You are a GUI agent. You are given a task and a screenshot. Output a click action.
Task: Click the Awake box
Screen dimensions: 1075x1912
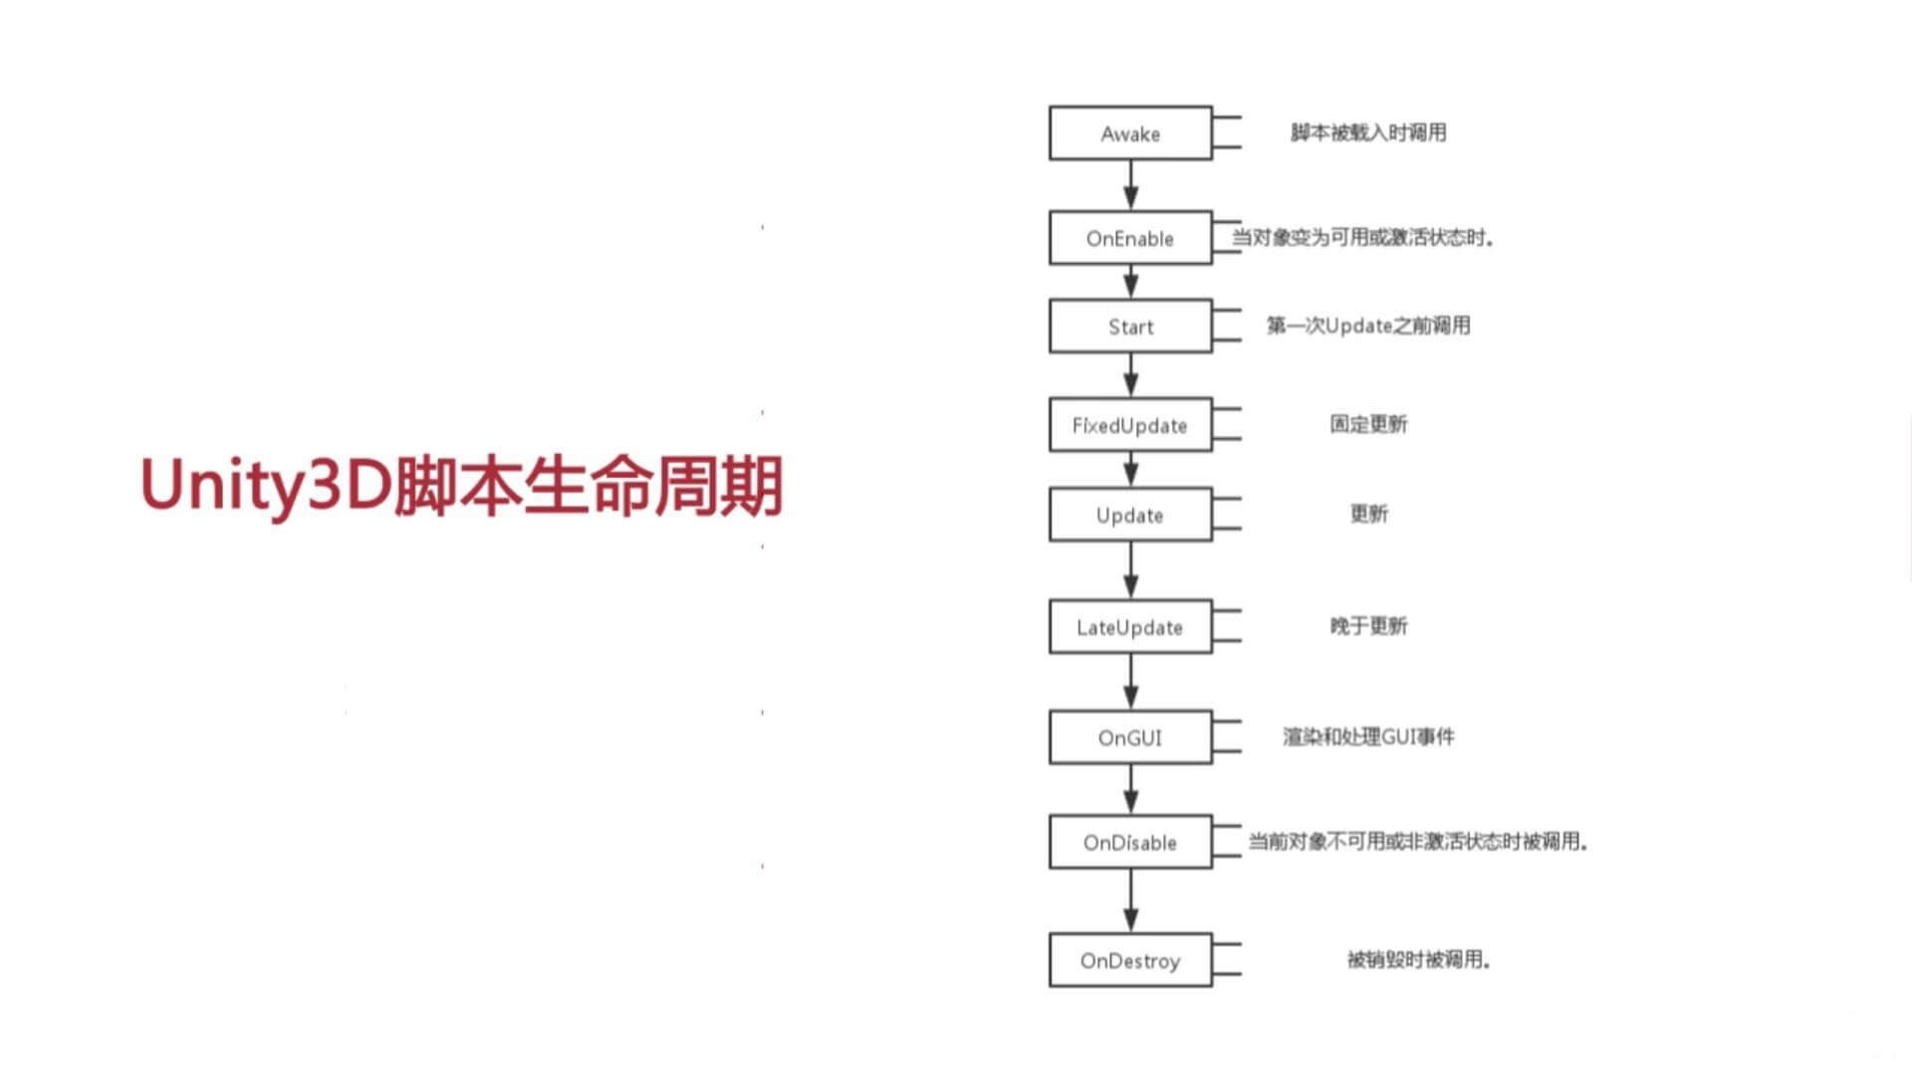pos(1130,133)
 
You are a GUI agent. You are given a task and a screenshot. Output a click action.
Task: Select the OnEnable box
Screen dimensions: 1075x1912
pos(1130,238)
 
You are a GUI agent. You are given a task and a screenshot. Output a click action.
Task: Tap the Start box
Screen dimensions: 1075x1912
pos(1130,326)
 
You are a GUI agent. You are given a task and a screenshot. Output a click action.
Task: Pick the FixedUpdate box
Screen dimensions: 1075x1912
pos(1130,425)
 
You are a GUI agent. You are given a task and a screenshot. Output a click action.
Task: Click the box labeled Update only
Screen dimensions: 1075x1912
pos(1130,515)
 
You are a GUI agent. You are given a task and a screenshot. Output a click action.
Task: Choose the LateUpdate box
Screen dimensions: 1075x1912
pos(1130,627)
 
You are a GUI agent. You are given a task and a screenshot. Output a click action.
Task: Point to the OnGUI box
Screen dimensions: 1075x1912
pos(1130,738)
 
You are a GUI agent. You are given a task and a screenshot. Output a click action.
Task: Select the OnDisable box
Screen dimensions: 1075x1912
pos(1130,842)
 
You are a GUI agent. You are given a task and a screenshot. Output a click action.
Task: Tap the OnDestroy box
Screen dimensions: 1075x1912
pos(1130,961)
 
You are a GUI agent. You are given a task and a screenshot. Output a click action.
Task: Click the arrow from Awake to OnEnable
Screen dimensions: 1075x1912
pos(1130,185)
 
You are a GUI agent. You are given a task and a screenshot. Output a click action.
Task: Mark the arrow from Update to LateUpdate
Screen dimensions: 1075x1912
pos(1130,570)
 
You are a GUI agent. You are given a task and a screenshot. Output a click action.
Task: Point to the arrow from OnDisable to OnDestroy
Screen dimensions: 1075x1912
pos(1130,901)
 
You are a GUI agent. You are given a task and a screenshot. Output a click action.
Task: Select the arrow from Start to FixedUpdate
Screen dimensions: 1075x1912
pos(1130,375)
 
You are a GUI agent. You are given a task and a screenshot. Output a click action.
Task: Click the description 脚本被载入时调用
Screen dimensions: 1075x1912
pos(1368,132)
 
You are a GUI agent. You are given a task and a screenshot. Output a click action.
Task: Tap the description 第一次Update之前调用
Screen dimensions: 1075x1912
pos(1368,325)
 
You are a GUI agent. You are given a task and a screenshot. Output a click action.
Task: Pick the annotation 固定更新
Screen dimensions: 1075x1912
pos(1368,424)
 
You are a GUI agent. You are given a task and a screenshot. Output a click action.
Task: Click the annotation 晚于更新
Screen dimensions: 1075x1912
pos(1368,626)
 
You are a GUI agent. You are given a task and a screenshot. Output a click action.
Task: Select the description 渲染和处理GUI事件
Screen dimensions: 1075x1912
pos(1368,737)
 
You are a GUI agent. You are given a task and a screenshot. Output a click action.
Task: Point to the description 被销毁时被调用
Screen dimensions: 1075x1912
pos(1418,960)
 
